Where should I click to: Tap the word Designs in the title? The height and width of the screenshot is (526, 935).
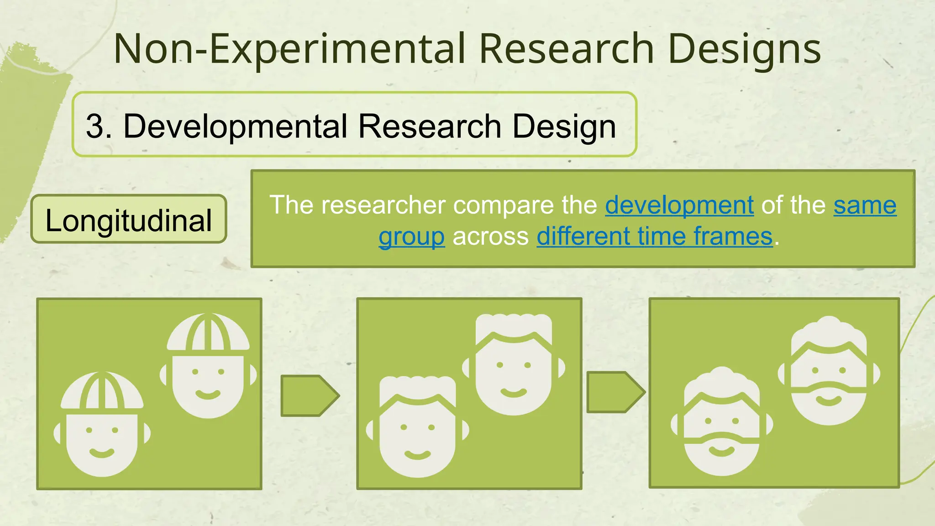[x=744, y=49]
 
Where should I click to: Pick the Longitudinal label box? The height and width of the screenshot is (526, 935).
[x=129, y=220]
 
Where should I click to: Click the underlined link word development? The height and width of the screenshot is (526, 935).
[x=679, y=205]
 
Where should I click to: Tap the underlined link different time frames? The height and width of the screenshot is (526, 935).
[x=655, y=237]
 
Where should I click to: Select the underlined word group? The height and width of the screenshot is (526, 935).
[x=411, y=237]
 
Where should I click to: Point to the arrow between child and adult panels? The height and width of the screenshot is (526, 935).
[x=309, y=395]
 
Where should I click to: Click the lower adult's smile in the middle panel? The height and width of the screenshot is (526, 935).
[x=417, y=454]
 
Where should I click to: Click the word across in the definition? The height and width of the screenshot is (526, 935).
[x=490, y=237]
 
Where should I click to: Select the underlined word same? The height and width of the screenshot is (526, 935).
[x=865, y=205]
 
